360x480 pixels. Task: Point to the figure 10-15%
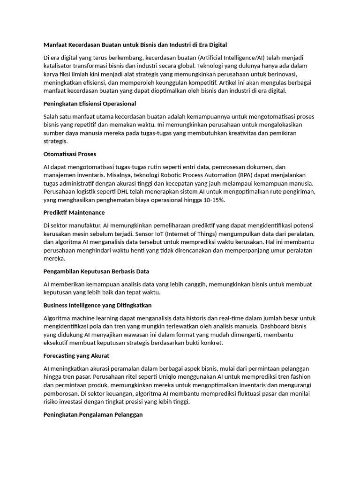[214, 200]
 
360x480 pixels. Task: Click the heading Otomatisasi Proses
[69, 154]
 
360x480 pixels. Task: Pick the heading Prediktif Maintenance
[74, 212]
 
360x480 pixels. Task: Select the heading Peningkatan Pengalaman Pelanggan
[93, 414]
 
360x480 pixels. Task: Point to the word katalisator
[60, 66]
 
